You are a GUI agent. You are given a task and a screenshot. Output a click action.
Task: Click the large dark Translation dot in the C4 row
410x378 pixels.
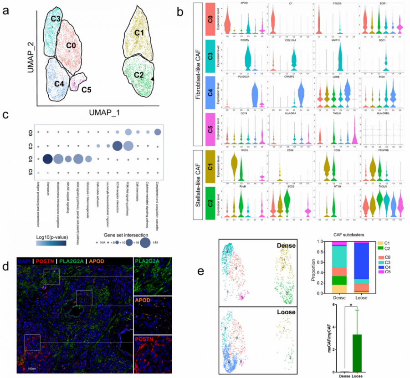pos(46,158)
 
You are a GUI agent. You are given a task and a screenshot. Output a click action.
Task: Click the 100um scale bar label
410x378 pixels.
pos(31,367)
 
